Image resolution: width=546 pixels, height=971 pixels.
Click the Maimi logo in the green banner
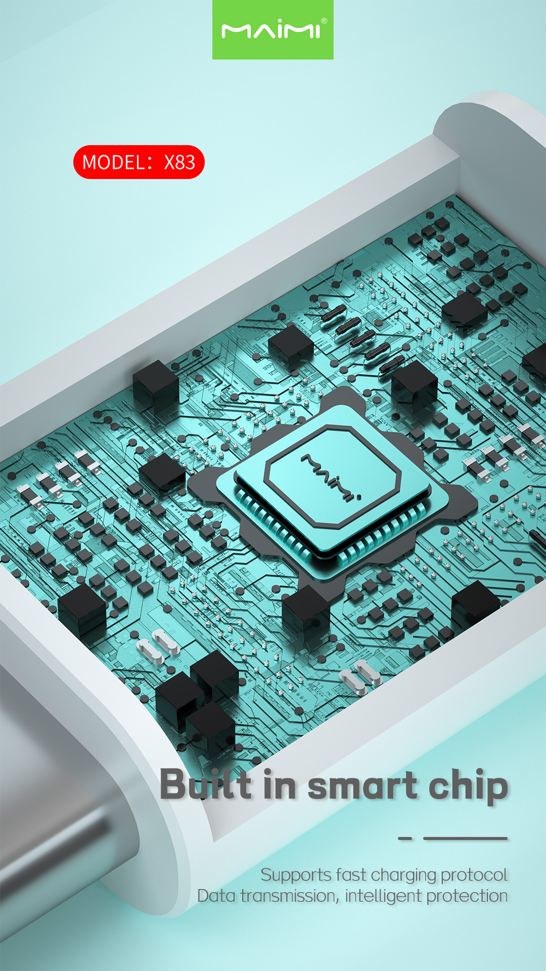(x=271, y=31)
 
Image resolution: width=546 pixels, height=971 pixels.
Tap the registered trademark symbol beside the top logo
(x=324, y=21)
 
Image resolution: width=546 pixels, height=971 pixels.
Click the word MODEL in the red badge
(x=114, y=162)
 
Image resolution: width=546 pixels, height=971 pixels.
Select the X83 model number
(x=179, y=162)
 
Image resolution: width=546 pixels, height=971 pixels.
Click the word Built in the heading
(x=206, y=784)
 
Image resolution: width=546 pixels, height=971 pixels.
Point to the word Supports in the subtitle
(x=296, y=875)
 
